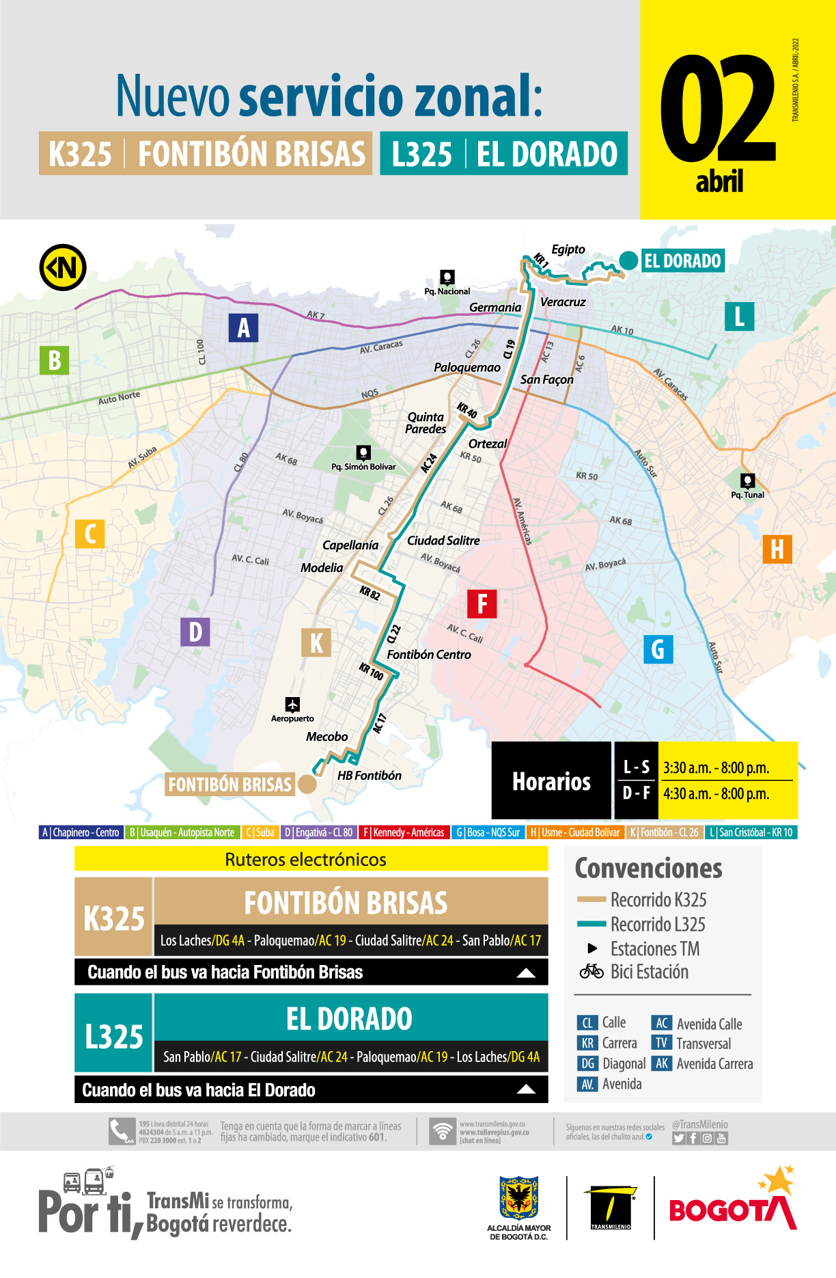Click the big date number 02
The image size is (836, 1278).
click(x=717, y=109)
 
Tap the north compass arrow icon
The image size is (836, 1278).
click(x=63, y=268)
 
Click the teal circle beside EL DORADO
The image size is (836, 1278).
click(x=628, y=260)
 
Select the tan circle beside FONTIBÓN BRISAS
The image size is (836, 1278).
click(x=307, y=784)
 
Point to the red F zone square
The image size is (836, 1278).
click(x=482, y=604)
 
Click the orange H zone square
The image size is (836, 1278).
click(x=777, y=549)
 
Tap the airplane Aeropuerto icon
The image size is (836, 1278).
click(x=292, y=705)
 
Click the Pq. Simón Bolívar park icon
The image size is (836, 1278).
click(x=363, y=452)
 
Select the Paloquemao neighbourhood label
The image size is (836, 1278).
click(x=467, y=368)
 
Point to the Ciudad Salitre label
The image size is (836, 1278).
click(x=443, y=541)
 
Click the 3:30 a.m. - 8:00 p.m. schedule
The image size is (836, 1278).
click(x=716, y=767)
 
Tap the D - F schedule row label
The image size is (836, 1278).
click(x=636, y=793)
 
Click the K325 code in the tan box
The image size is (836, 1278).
click(x=114, y=918)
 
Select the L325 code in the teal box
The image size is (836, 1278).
click(x=114, y=1036)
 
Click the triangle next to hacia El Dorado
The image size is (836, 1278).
click(x=526, y=1089)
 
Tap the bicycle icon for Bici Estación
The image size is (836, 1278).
click(x=591, y=971)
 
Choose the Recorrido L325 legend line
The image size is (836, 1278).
click(x=591, y=924)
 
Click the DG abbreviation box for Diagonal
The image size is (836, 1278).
click(x=587, y=1063)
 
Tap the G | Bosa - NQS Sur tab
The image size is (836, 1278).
click(x=488, y=832)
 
